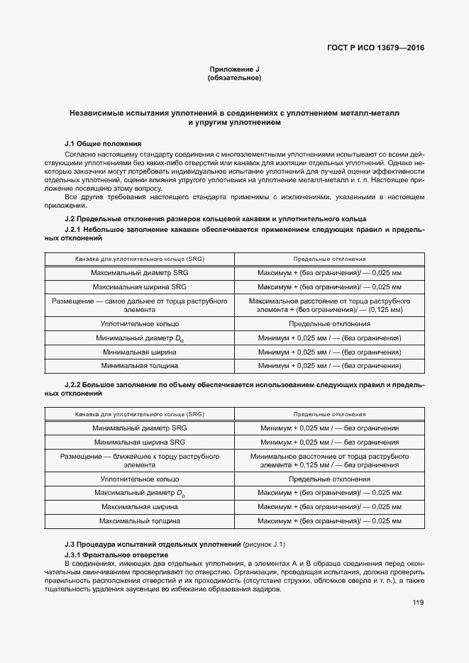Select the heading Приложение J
234,69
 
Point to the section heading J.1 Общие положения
103,143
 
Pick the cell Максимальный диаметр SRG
140,273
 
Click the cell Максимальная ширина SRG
140,287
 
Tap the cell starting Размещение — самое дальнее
140,306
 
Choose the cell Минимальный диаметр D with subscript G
140,338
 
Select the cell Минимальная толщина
140,366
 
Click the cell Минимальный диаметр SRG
140,428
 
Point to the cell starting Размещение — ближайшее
140,460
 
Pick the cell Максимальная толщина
140,520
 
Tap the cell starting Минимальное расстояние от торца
329,460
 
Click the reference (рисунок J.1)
265,544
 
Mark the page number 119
418,603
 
